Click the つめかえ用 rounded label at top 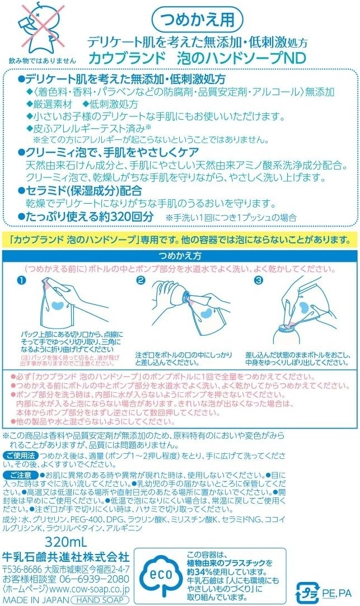197,20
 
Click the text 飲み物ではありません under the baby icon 43,60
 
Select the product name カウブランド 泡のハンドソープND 197,58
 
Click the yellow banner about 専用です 179,240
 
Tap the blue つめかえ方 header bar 180,256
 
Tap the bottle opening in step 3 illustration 287,327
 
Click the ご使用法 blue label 21,455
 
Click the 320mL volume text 66,542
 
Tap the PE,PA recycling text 336,593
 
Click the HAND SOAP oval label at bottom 100,600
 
